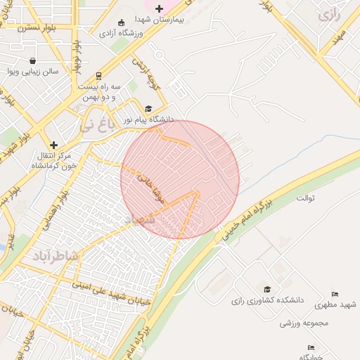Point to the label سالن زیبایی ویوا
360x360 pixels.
(x=32, y=71)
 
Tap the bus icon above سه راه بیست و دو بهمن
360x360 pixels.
(x=98, y=75)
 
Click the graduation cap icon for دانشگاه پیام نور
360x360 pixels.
(x=148, y=108)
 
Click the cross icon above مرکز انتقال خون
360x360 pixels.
(x=53, y=144)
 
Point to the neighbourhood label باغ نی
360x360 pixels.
(x=96, y=126)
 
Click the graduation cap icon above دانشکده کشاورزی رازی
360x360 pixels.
(x=267, y=289)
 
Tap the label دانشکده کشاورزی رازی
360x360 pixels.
(x=267, y=300)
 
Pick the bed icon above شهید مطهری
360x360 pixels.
(x=335, y=294)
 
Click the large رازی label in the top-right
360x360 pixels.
(x=328, y=15)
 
